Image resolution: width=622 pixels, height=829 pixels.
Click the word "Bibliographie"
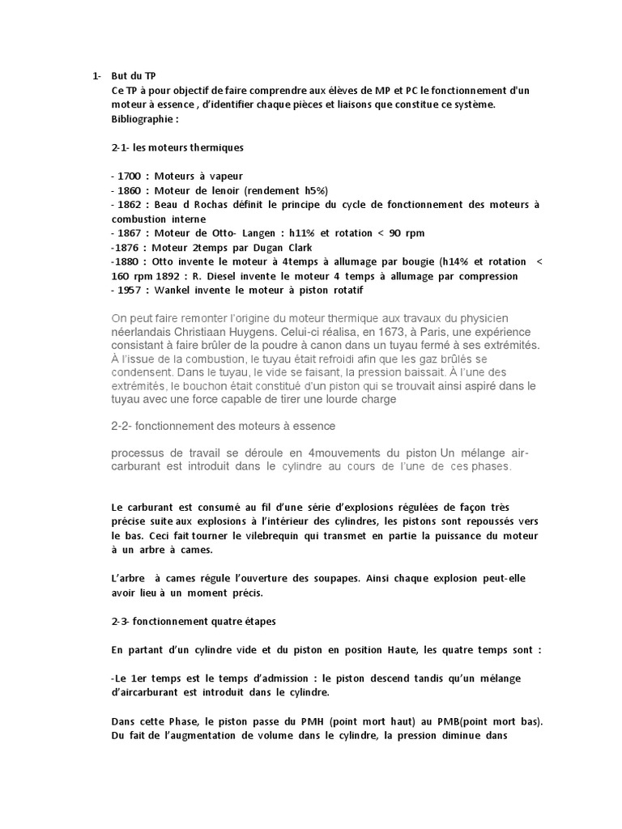(x=141, y=120)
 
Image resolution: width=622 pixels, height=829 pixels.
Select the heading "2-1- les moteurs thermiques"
(x=177, y=148)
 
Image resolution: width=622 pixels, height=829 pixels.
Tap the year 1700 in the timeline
(x=130, y=176)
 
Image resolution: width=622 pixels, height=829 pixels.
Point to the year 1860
(x=130, y=190)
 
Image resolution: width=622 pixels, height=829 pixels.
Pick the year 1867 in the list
(x=130, y=233)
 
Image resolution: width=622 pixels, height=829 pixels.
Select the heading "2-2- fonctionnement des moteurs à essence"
(x=223, y=426)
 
